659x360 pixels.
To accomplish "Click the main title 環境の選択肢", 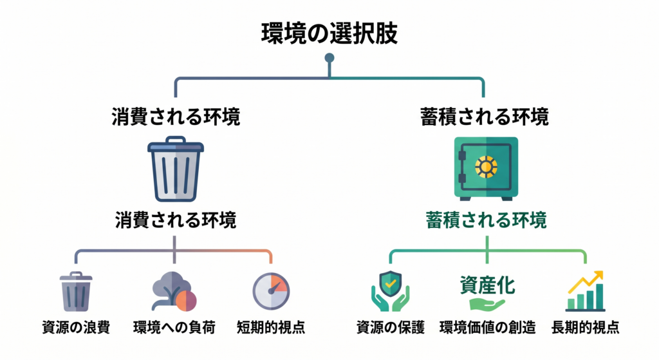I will click(x=329, y=34).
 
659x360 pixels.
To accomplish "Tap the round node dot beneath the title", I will click(x=329, y=58).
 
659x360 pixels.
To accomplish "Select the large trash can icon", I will click(x=176, y=170).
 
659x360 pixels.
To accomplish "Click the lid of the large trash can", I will click(x=176, y=146).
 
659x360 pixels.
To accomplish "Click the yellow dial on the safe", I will click(x=486, y=167).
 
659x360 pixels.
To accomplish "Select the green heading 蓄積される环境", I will click(x=486, y=220).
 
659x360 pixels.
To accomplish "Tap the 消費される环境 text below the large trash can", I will click(x=176, y=220).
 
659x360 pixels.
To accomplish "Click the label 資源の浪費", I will click(x=76, y=327).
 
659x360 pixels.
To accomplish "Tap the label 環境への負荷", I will click(x=174, y=327).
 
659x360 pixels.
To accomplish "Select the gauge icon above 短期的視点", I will click(x=272, y=292).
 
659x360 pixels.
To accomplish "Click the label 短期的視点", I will click(x=271, y=327).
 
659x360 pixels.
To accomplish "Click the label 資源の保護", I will click(x=390, y=327).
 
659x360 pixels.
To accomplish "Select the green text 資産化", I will click(x=487, y=284).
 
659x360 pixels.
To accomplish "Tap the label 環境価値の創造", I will click(x=487, y=327).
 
